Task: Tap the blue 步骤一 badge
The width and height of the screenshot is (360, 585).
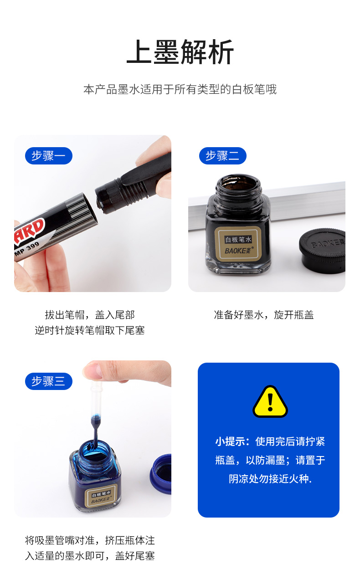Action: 49,156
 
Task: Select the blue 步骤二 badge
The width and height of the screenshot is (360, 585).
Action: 222,156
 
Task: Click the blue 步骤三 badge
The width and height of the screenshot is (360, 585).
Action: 49,381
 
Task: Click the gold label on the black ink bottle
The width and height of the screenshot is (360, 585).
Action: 238,244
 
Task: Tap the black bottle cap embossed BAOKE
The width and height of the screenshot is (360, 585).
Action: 322,250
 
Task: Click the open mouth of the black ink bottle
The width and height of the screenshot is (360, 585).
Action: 238,184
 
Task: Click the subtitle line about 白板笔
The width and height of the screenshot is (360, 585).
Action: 180,90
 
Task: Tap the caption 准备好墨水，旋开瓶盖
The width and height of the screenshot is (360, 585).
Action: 264,315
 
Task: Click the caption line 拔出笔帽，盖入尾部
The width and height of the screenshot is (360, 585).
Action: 90,315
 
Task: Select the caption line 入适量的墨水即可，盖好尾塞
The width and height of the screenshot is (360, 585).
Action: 90,556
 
